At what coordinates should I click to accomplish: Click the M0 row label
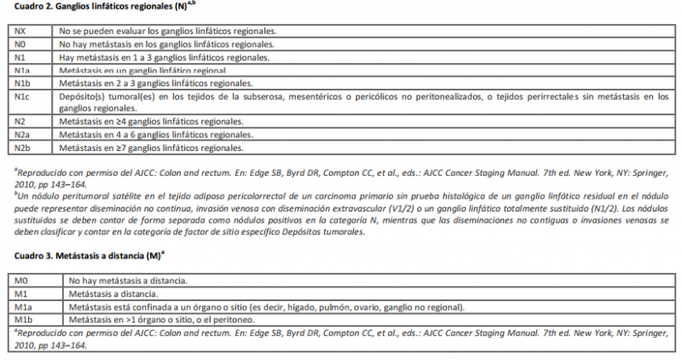point(23,281)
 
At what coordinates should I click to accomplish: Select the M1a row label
point(24,306)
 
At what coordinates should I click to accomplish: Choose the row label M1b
point(24,319)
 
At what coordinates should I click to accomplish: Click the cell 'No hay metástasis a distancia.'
point(129,281)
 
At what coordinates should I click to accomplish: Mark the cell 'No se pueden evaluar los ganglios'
point(167,32)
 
